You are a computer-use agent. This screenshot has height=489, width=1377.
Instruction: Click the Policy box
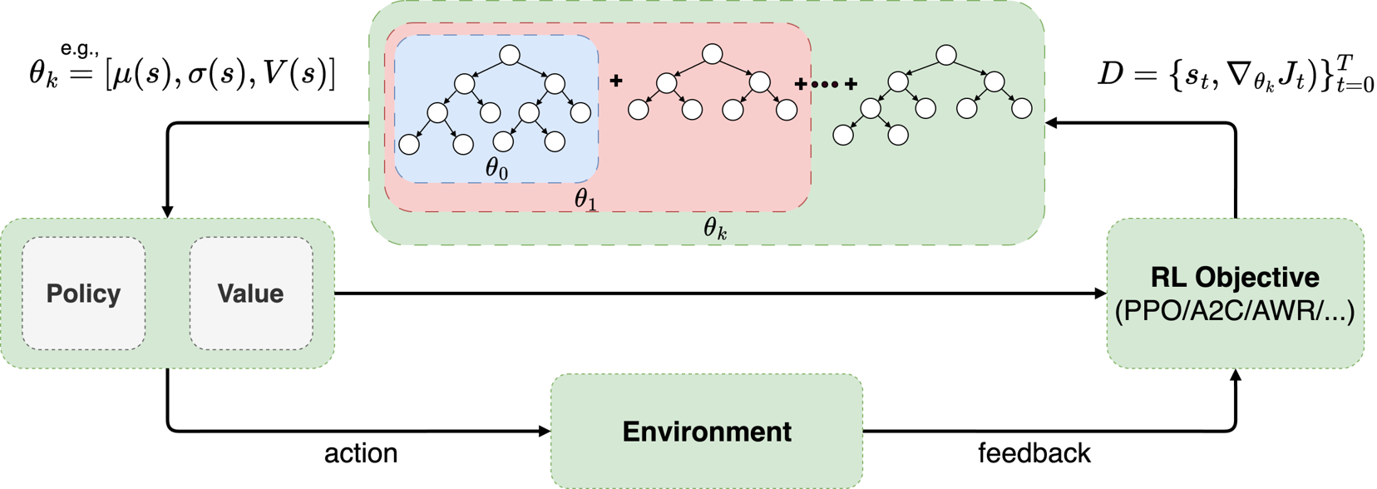coord(83,294)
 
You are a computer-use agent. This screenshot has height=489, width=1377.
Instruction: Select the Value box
coord(250,294)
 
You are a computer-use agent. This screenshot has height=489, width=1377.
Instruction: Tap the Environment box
coord(707,432)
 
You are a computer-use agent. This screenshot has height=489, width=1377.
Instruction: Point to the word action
coord(361,453)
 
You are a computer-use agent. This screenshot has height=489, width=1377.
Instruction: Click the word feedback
coord(1034,453)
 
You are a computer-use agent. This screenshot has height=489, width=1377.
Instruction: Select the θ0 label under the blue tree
coord(496,169)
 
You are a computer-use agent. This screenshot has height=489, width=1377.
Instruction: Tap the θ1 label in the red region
coord(585,200)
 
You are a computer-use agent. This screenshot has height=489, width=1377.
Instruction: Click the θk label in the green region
coord(715,229)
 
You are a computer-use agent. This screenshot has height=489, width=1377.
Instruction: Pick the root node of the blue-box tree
coord(510,55)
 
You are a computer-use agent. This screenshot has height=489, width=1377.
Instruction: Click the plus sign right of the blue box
coord(616,81)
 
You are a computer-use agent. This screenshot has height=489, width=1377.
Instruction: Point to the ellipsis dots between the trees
coord(825,84)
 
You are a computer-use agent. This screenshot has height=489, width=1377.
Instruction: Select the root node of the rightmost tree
coord(946,55)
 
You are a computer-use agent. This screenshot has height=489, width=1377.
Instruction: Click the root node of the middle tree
coord(713,54)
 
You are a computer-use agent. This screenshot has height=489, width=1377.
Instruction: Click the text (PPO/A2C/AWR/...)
coord(1235,311)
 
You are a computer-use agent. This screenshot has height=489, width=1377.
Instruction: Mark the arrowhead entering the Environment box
coord(545,431)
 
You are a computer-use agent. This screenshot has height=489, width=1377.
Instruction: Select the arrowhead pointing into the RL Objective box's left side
coord(1101,294)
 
